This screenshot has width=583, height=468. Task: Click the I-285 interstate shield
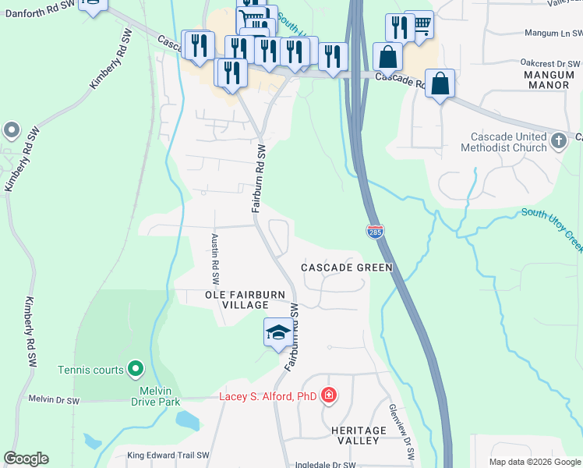(x=374, y=232)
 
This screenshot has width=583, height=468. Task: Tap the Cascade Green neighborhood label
(x=346, y=268)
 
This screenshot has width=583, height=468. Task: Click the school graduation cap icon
(x=278, y=331)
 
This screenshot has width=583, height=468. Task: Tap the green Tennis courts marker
(x=136, y=367)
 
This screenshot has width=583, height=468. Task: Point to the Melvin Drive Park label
(x=149, y=395)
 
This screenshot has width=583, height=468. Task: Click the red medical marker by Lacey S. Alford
(x=329, y=395)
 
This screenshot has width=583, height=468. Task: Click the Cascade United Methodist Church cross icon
(x=558, y=141)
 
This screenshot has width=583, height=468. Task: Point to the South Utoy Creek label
(x=552, y=228)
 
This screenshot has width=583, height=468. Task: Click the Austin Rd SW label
(x=214, y=259)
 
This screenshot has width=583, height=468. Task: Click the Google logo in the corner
(x=26, y=459)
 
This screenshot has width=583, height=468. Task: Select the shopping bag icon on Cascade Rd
(x=440, y=83)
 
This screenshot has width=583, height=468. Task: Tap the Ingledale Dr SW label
(x=325, y=464)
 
